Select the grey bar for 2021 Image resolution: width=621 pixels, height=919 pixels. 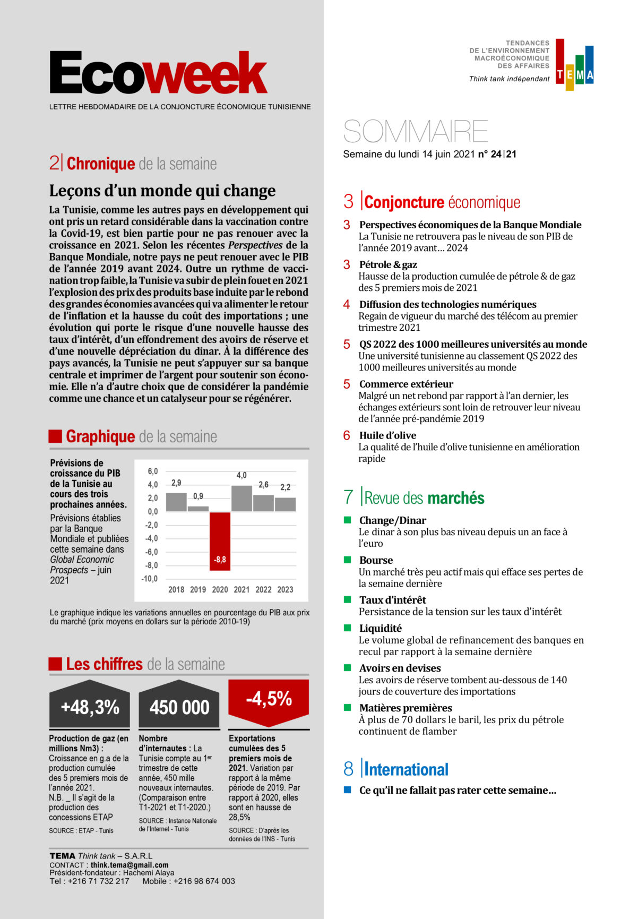tap(241, 498)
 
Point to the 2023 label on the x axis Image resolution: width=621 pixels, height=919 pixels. tap(285, 589)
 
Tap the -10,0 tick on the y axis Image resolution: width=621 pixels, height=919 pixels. tap(150, 579)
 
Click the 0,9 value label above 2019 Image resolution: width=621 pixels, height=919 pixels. tap(198, 496)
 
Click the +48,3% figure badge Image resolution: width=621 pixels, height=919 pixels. tap(90, 707)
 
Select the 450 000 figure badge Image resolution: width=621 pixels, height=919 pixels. tap(179, 707)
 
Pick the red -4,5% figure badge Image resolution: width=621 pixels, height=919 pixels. tap(269, 699)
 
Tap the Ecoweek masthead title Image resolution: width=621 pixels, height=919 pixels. tap(158, 74)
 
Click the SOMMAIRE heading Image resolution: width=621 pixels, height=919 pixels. tap(416, 131)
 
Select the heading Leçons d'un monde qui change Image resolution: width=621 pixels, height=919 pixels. tap(162, 191)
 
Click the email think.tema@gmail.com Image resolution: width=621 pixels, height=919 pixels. tap(130, 865)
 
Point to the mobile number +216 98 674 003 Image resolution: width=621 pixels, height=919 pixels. tap(204, 881)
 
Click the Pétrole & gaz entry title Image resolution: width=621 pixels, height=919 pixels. tap(388, 264)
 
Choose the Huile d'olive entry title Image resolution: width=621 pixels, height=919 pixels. tap(387, 435)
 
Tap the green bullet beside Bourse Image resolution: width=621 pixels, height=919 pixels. tap(348, 560)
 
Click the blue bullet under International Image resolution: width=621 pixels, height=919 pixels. tap(348, 789)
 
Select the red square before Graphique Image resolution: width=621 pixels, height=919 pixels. tap(55, 436)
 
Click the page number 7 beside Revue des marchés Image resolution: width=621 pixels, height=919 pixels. tap(348, 497)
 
